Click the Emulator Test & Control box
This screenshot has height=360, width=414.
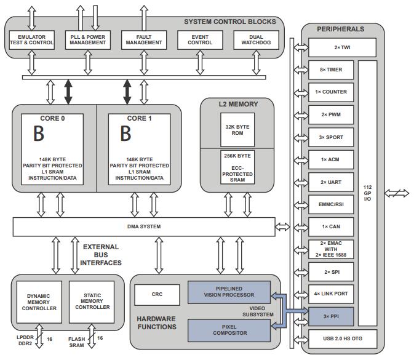coord(32,40)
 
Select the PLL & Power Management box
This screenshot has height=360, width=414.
coord(87,40)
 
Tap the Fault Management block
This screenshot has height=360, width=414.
coord(144,40)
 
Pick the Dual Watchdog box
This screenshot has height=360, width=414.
coord(256,40)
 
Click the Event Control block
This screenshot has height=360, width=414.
coord(200,40)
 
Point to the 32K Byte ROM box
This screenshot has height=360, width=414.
coord(237,130)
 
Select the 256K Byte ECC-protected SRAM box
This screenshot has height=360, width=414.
coord(237,167)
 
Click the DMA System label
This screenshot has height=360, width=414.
coord(144,226)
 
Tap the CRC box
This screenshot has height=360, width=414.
coord(157,295)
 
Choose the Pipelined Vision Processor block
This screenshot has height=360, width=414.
coord(229,292)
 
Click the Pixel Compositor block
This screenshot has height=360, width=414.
coord(229,330)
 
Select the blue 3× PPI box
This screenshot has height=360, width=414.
coord(331,316)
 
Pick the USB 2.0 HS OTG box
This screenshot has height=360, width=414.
coord(343,338)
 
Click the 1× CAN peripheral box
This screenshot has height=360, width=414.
coord(331,227)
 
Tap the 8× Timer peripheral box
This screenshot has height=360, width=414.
coord(331,70)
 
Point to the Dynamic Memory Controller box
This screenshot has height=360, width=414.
coord(39,302)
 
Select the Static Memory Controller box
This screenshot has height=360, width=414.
coord(92,302)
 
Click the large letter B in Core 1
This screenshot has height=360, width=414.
coord(125,134)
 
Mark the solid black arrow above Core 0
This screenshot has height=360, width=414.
coord(68,92)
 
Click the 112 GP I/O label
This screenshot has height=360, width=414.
coord(367,193)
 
